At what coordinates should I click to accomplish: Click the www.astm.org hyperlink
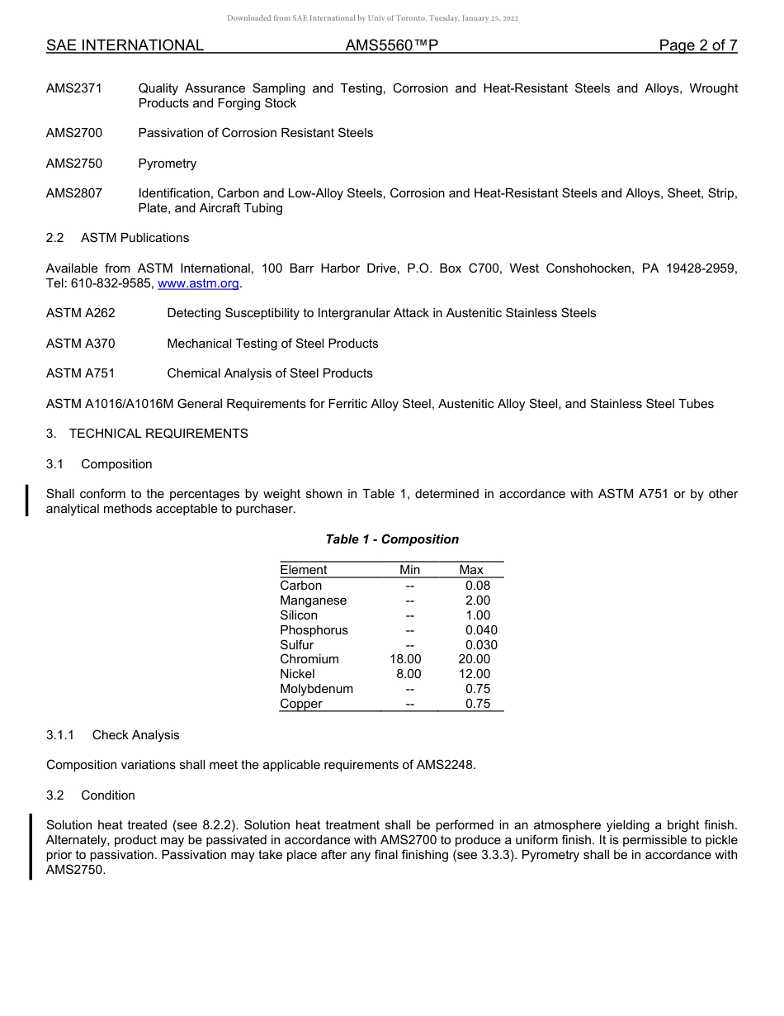click(198, 283)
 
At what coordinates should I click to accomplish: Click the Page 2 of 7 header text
click(697, 45)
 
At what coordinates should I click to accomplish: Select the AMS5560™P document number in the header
click(391, 45)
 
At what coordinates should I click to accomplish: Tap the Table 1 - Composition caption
click(392, 539)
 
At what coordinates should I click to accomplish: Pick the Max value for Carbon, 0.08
click(478, 586)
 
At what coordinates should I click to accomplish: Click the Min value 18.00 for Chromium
click(405, 659)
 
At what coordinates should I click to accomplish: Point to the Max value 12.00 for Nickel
click(474, 674)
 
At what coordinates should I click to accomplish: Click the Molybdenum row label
click(316, 689)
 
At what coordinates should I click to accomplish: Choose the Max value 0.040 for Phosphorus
click(481, 630)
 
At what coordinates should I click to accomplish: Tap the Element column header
click(303, 570)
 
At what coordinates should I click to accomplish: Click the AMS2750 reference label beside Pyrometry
click(74, 164)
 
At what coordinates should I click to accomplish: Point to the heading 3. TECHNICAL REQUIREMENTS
click(147, 434)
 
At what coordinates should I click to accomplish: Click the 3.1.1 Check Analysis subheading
click(112, 735)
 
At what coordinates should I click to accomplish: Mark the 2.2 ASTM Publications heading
click(117, 238)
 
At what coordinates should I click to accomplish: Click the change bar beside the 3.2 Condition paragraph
click(31, 847)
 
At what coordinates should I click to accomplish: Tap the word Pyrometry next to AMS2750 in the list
click(168, 164)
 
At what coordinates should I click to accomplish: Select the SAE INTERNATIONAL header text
click(125, 45)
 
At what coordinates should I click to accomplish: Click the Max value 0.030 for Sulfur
click(481, 645)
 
